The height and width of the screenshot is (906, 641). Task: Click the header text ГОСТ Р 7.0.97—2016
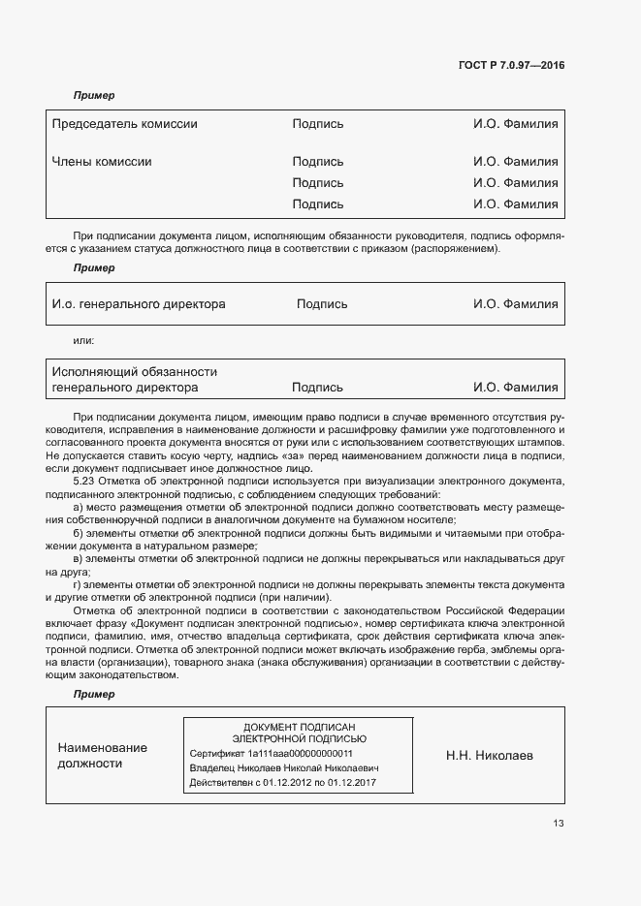[x=511, y=66]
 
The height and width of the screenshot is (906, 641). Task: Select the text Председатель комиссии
[x=124, y=124]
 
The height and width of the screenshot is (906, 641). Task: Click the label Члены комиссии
[x=102, y=162]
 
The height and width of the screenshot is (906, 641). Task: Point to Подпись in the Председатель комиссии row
[x=317, y=124]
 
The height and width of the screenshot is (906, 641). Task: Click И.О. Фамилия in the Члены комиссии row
[x=515, y=162]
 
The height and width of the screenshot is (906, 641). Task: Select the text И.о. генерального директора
[x=138, y=304]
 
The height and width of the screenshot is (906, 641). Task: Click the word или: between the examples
[x=84, y=341]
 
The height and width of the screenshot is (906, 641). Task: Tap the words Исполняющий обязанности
[x=134, y=372]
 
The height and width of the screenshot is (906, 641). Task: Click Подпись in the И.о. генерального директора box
[x=322, y=304]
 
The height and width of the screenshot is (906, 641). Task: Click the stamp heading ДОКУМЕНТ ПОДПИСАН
[x=299, y=727]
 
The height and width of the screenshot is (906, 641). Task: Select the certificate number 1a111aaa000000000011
[x=300, y=753]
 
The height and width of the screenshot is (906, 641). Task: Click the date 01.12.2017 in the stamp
[x=352, y=782]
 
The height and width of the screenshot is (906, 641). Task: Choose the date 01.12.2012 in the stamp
[x=288, y=782]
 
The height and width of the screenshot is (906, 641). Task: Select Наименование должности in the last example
[x=102, y=756]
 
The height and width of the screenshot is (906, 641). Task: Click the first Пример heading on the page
[x=94, y=95]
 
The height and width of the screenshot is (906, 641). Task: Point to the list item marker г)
[x=78, y=584]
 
